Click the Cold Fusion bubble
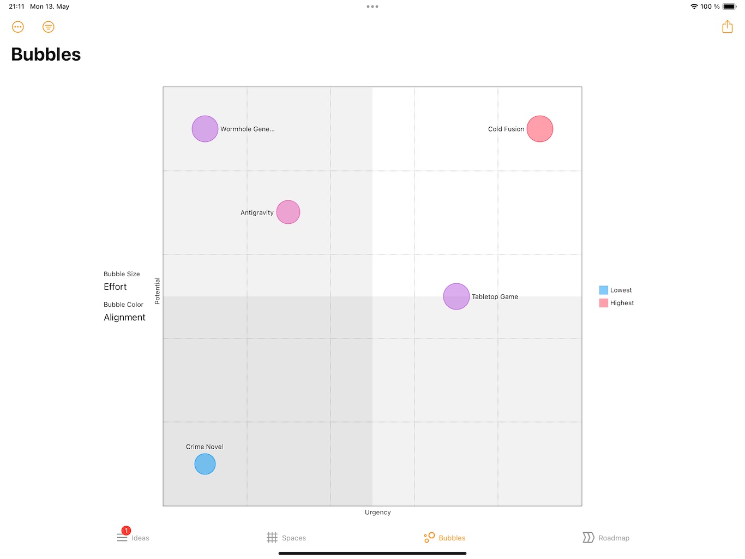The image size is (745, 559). coord(540,129)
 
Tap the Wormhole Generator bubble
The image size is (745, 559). coord(205,129)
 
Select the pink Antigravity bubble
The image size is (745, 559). coord(288,212)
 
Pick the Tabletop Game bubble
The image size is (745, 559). coord(456,296)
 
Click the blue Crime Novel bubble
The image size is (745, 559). coord(205,464)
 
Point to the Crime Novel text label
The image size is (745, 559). coord(205,447)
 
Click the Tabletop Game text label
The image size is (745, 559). coord(495,296)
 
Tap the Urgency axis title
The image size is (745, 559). coord(378,512)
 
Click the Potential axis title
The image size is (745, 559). coord(157,290)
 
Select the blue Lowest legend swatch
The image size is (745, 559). coord(604,290)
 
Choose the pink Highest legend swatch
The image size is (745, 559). coord(604,303)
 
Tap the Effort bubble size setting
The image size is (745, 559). coord(115,287)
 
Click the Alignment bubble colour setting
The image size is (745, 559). coord(124,317)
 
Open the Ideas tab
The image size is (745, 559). coord(133,538)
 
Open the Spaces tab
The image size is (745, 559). coord(286,538)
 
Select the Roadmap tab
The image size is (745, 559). coord(606,538)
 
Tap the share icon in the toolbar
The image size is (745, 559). coord(728,27)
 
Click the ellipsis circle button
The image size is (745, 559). coord(18,27)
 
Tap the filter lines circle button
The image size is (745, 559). coord(49,27)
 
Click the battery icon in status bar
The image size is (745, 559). coord(730,7)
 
